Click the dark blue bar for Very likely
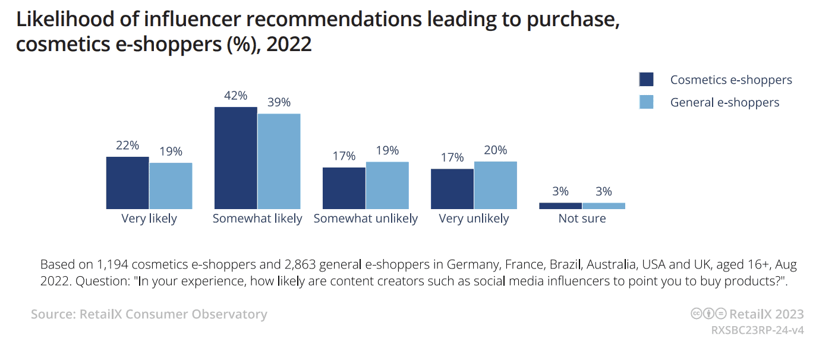pos(127,182)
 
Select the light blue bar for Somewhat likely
pos(279,161)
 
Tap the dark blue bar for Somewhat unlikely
pos(344,188)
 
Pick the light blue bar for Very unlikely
pos(495,185)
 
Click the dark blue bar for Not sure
pos(560,206)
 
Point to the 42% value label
pos(235,96)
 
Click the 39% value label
pos(279,102)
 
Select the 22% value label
pos(127,146)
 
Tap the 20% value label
pos(495,150)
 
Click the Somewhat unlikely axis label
pos(366,219)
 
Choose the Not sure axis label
pos(582,219)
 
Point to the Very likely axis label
pos(149,219)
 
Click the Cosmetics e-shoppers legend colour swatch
pos(646,80)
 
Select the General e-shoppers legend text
pos(724,102)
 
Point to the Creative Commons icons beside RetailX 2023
pos(708,314)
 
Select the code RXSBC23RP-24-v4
pos(757,330)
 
